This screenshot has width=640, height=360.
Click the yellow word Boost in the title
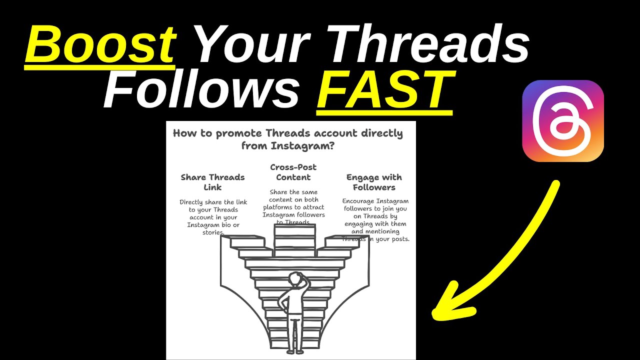tap(100, 45)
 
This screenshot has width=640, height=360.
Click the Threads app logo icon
tap(563, 120)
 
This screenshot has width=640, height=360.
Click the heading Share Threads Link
tap(212, 182)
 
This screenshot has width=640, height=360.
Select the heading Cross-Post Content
tap(293, 172)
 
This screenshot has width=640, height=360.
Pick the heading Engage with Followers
tap(374, 182)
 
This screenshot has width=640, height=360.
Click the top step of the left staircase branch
tap(247, 242)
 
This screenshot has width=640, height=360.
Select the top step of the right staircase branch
tap(342, 242)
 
